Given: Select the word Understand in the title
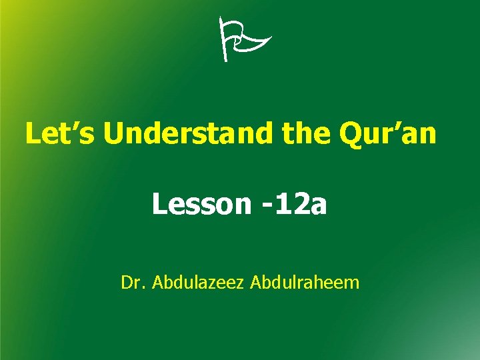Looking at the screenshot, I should click(x=189, y=133).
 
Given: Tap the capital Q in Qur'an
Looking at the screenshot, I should click(x=351, y=134).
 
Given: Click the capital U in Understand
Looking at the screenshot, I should click(x=116, y=134).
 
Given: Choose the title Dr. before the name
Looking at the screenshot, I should click(x=133, y=283).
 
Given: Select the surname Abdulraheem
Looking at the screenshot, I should click(x=304, y=283).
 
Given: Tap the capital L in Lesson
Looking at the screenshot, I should click(x=160, y=204).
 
